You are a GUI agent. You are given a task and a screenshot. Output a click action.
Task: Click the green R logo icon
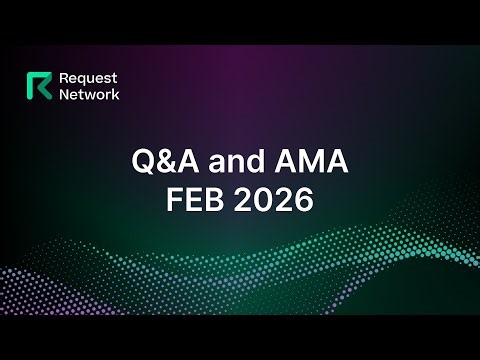(43, 87)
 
